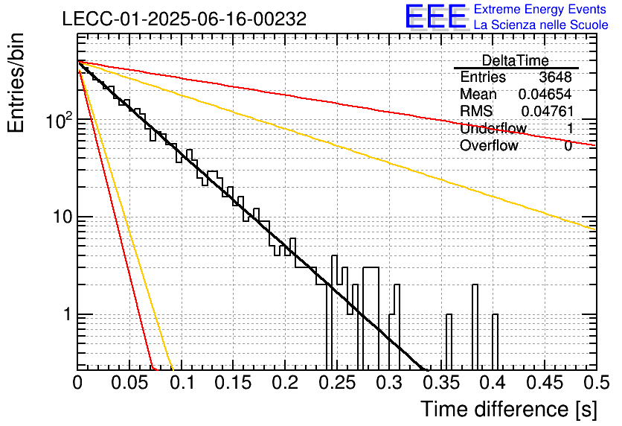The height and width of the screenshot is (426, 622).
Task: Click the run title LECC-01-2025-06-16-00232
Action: (x=185, y=19)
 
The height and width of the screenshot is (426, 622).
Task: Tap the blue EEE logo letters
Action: (x=436, y=16)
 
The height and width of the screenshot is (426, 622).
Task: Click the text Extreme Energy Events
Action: (x=540, y=9)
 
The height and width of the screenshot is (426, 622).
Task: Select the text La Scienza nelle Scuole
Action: (x=541, y=25)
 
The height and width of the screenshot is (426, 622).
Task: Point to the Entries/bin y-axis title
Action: (x=16, y=83)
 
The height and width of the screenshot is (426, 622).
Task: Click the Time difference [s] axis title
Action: (x=509, y=409)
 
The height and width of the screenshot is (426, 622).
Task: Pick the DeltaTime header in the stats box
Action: (x=516, y=60)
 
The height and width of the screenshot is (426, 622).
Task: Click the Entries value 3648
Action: (x=555, y=77)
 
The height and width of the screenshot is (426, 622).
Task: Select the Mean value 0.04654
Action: (x=545, y=94)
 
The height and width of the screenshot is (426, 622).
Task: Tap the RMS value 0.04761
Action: (x=548, y=111)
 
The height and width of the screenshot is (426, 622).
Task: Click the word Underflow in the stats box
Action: (x=493, y=128)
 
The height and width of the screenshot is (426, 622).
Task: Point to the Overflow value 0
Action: (x=568, y=146)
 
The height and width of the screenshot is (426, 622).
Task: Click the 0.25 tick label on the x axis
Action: (x=338, y=383)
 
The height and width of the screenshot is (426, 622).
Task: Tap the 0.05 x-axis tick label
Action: (x=129, y=383)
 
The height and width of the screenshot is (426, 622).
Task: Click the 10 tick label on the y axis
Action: (x=62, y=217)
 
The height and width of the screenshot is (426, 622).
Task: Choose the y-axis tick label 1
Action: (x=68, y=314)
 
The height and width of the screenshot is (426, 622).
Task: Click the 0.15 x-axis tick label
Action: (x=234, y=383)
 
